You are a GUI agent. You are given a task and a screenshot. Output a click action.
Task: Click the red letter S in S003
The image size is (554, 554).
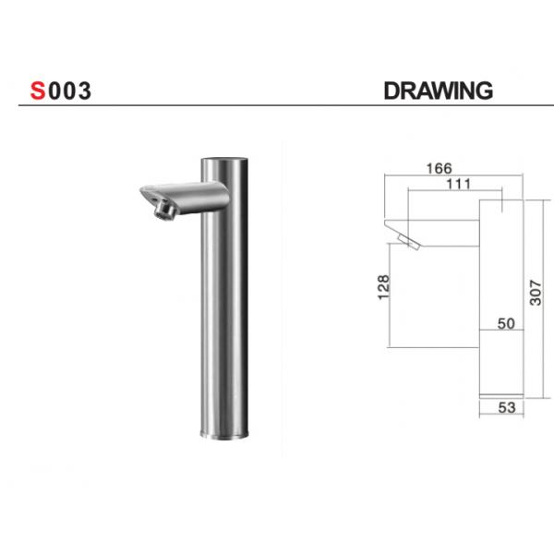pyautogui.click(x=38, y=91)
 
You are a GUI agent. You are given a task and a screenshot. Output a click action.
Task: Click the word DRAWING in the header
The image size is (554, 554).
pyautogui.click(x=437, y=91)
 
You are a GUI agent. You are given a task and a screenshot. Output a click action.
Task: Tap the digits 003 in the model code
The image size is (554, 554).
pyautogui.click(x=69, y=91)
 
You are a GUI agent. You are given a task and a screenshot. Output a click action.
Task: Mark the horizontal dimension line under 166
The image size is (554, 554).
pyautogui.click(x=452, y=177)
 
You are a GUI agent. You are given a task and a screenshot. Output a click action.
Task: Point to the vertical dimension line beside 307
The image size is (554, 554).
pyautogui.click(x=525, y=295)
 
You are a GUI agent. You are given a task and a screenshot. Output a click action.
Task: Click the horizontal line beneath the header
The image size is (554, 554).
pyautogui.click(x=277, y=105)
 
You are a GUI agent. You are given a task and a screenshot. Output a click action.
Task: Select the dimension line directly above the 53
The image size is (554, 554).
pyautogui.click(x=501, y=398)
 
